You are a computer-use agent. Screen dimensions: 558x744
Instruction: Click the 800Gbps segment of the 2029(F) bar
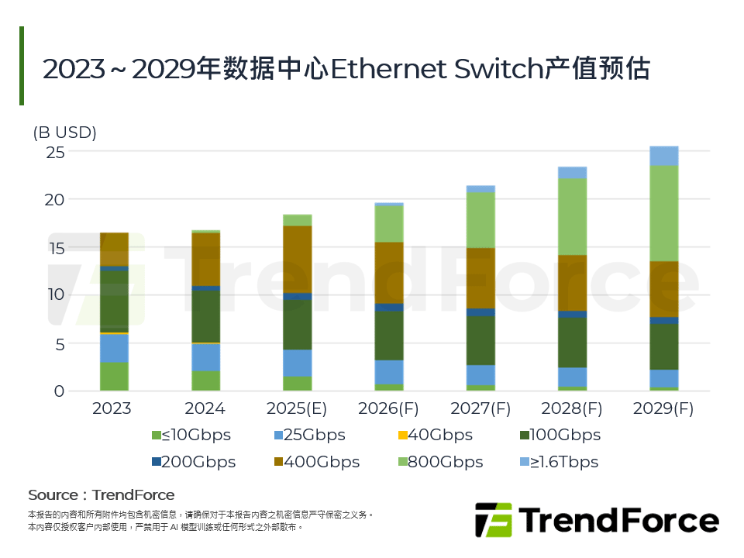tap(663, 213)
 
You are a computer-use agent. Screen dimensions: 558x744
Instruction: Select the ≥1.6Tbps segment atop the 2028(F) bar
tap(572, 172)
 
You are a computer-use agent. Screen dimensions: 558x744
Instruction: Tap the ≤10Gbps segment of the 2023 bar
tap(115, 376)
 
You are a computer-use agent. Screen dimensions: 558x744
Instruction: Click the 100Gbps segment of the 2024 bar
tap(206, 316)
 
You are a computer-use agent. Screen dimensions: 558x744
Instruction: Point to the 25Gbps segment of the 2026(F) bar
tap(389, 372)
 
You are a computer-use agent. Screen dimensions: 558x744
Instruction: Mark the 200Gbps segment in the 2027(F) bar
tap(480, 312)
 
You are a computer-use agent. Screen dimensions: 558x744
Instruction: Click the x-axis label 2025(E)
tap(298, 408)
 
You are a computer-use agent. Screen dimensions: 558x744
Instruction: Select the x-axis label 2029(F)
tap(663, 408)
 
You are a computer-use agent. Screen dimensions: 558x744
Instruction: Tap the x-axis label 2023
tap(115, 408)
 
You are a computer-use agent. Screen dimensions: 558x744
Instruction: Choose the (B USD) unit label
tap(64, 133)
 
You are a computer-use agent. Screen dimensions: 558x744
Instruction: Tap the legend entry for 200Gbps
tap(194, 462)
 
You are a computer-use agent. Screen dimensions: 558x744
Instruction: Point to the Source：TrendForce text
tap(102, 494)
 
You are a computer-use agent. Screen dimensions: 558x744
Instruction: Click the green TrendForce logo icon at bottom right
tap(493, 519)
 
